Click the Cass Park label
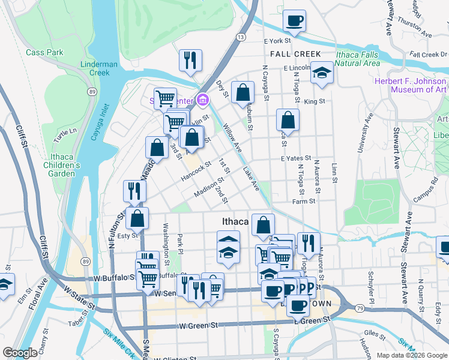[44, 52]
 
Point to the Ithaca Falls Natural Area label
[358, 58]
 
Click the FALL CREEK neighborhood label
[295, 54]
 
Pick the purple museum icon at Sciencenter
[203, 99]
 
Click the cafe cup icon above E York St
[294, 21]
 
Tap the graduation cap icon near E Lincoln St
[322, 73]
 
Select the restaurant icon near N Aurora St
[308, 242]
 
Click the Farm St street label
[304, 202]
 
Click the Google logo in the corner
[20, 353]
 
